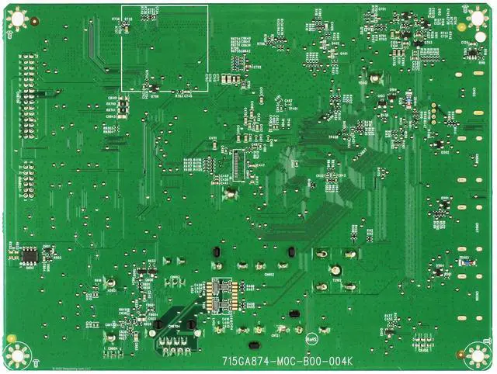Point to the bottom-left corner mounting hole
click(x=16, y=355)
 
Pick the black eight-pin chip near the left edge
click(x=30, y=254)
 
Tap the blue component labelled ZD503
click(x=463, y=261)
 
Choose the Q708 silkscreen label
click(x=154, y=98)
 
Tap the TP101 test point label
click(x=294, y=109)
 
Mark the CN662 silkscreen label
click(x=269, y=274)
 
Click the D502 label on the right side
click(x=445, y=152)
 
